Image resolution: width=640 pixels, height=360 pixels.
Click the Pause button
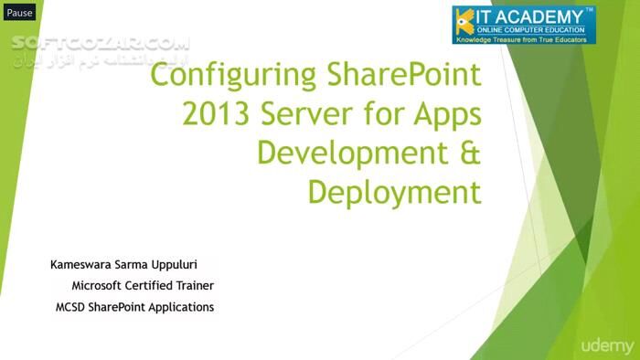[19, 13]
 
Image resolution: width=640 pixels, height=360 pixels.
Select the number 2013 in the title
[217, 115]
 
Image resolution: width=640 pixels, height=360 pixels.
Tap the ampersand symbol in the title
[469, 154]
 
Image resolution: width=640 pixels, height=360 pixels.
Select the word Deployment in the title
[394, 193]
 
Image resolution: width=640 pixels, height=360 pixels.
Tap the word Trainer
[193, 286]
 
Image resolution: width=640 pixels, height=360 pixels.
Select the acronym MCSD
[72, 307]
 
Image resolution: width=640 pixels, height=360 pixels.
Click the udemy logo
[606, 345]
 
